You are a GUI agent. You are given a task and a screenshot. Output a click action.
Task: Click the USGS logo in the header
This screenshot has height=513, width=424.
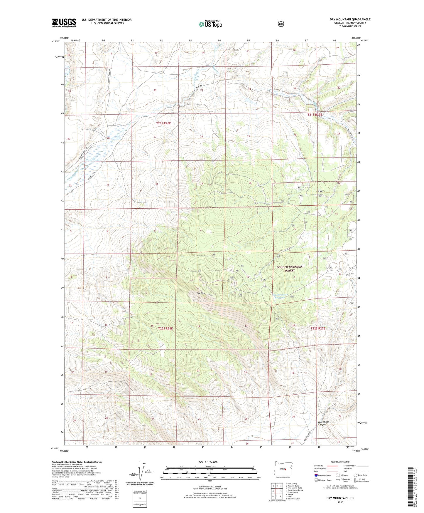pos(64,23)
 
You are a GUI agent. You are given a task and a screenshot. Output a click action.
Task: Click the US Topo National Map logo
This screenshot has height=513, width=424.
pos(210,24)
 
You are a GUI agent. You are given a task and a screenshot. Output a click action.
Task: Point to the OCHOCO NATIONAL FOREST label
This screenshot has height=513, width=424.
pos(289,269)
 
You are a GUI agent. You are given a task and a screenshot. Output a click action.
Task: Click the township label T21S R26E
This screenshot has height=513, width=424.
pos(163,123)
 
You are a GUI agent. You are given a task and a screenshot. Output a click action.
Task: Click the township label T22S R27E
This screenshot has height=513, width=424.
pos(318,328)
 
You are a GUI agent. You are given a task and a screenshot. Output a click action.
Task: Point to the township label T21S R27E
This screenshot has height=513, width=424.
pos(315,115)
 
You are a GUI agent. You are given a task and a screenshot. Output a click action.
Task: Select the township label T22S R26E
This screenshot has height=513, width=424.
pos(165,328)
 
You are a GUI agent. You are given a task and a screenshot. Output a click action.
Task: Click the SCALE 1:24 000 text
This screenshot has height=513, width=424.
pos(208,462)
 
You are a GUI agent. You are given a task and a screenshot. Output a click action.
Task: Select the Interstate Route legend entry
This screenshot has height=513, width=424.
pos(322,475)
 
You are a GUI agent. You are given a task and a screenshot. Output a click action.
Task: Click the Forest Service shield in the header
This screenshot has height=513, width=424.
pos(281,24)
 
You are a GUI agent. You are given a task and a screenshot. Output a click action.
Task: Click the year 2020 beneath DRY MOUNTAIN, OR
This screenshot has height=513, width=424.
pos(340,502)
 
